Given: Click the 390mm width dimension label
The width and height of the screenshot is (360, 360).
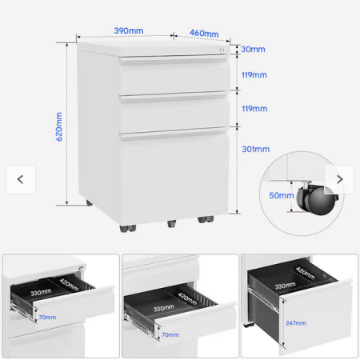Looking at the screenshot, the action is click(x=129, y=30).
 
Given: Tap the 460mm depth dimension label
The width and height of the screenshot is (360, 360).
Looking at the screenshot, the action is click(x=204, y=34).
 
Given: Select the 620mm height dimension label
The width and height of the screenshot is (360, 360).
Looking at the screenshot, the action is click(x=59, y=126).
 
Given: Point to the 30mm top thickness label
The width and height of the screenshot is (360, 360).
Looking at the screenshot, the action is click(x=253, y=50).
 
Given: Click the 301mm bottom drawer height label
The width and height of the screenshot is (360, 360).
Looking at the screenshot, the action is click(x=256, y=149).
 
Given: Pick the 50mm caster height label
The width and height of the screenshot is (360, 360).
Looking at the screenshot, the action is click(x=282, y=195).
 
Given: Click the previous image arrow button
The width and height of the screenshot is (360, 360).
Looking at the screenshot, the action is click(x=21, y=179).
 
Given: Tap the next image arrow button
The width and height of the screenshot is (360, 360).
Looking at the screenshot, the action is click(x=339, y=179).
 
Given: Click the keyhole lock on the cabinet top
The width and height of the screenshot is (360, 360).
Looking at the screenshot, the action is click(x=222, y=50).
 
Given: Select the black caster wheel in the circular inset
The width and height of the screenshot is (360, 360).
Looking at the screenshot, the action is click(x=318, y=200).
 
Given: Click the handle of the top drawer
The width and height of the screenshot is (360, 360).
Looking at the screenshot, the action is click(x=174, y=59).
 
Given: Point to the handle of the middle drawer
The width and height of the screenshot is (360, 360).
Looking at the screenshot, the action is click(x=174, y=96).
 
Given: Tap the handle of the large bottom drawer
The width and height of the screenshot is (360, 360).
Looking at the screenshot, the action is click(x=174, y=134).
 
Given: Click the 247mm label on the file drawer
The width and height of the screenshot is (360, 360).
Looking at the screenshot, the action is click(x=296, y=323).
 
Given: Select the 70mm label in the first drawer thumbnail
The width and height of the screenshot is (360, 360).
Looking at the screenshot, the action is click(x=47, y=318).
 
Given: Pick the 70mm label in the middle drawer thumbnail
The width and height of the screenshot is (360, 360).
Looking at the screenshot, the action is click(x=170, y=334).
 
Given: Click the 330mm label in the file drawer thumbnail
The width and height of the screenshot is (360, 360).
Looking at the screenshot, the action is click(x=285, y=286).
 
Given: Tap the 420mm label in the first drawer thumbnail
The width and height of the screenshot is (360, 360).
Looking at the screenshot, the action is click(x=69, y=285).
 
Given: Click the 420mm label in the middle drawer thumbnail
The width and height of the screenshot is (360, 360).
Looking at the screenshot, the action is click(x=187, y=298).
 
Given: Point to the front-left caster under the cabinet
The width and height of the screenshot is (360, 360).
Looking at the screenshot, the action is click(x=128, y=228).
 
